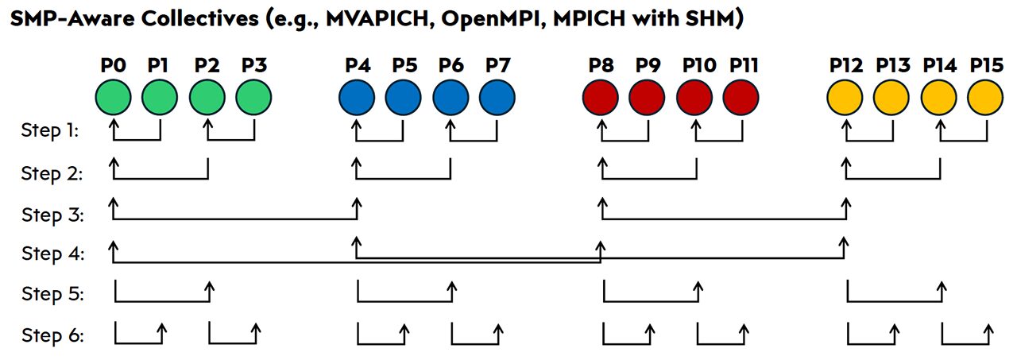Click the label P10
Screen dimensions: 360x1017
(x=698, y=65)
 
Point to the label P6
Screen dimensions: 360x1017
(x=450, y=65)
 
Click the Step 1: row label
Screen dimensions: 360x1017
(x=49, y=131)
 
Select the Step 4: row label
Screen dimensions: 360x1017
(x=49, y=254)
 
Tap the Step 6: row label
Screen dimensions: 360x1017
(x=49, y=335)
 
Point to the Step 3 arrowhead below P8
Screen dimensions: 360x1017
(x=601, y=204)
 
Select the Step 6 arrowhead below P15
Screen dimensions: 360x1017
(x=988, y=327)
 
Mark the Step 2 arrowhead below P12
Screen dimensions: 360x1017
(x=846, y=163)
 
